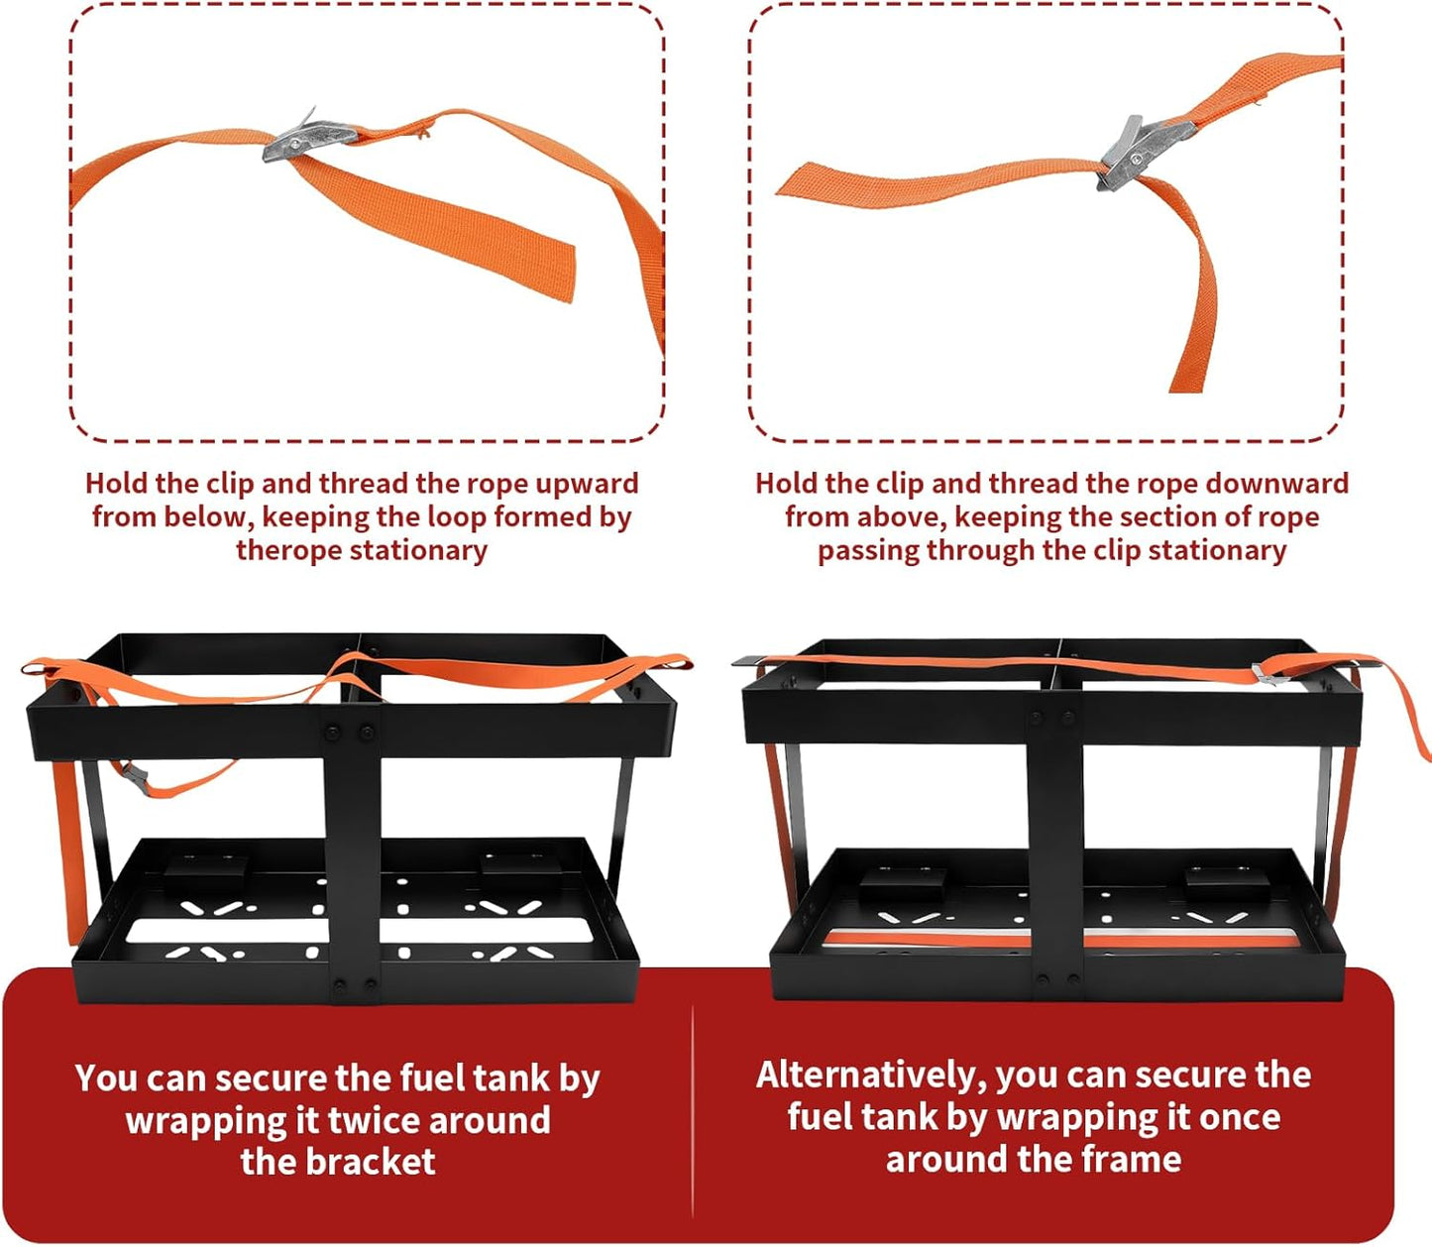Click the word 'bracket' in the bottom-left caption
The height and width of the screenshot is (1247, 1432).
coord(372,1162)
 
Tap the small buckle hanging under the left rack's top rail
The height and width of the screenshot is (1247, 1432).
coord(136,778)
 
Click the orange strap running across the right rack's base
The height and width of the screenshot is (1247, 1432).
coord(1064,940)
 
